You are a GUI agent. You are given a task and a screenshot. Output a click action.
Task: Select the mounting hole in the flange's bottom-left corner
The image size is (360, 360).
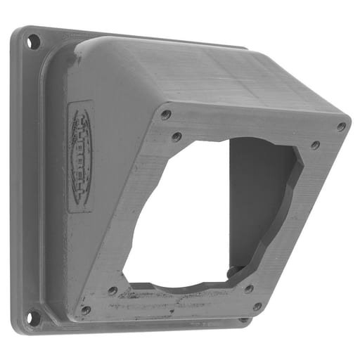tap(31, 315)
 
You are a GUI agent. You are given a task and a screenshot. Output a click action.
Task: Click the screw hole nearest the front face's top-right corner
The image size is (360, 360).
tap(341, 127)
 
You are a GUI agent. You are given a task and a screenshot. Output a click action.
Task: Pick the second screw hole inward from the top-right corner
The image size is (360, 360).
tap(315, 146)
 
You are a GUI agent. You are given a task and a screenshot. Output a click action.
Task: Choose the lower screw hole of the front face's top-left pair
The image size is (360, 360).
tap(176, 136)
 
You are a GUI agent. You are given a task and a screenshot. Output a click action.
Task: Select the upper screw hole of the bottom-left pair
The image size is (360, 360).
tap(112, 290)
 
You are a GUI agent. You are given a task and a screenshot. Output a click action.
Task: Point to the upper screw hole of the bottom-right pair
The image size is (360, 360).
tap(248, 288)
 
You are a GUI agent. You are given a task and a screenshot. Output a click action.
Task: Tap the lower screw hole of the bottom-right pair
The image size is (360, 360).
tap(257, 307)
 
